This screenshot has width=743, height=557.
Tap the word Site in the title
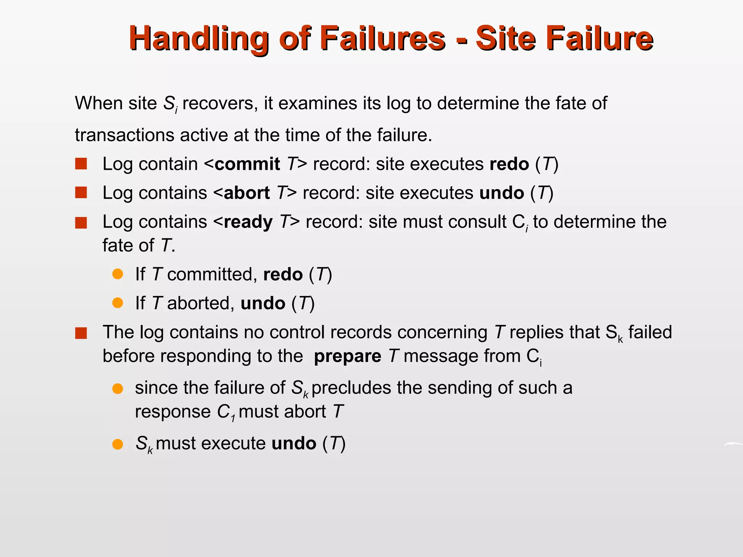tap(506, 38)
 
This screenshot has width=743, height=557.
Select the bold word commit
tap(247, 164)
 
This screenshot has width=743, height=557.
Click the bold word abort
tap(247, 193)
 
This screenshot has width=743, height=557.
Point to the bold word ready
tap(248, 222)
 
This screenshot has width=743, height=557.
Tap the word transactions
tap(125, 135)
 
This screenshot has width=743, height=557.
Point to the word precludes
tap(351, 388)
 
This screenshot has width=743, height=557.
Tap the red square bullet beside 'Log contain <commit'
tap(81, 164)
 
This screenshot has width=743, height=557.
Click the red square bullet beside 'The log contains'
tap(81, 333)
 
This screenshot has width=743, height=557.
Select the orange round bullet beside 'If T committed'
tap(118, 274)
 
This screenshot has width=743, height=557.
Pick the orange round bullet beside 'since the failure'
tap(118, 389)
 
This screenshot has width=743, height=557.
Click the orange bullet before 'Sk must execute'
tap(118, 444)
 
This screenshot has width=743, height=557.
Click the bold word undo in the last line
tap(293, 443)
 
